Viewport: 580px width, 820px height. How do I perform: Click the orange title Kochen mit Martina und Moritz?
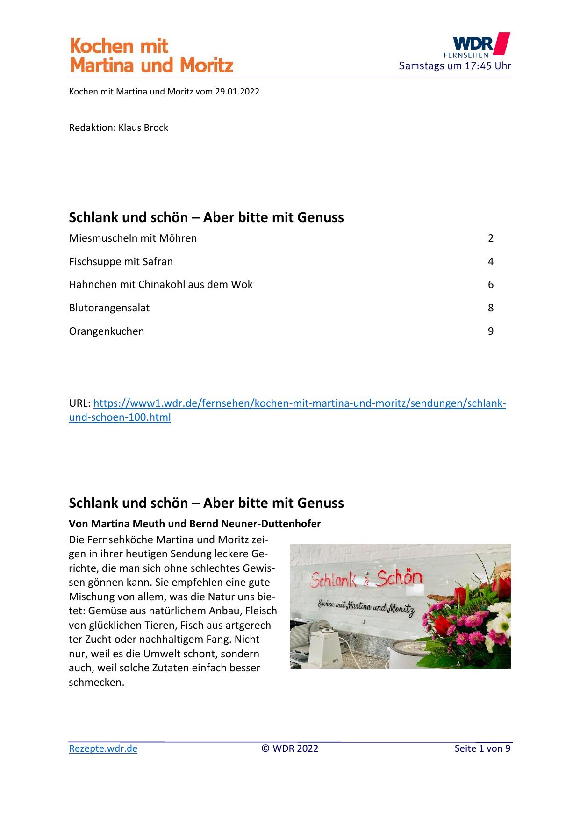151,56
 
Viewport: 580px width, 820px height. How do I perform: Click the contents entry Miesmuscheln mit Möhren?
133,238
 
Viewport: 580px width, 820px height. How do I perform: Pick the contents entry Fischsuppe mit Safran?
121,262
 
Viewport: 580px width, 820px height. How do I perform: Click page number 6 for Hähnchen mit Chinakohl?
490,285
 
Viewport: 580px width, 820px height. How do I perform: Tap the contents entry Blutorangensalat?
109,308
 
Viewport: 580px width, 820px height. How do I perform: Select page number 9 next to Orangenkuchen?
490,331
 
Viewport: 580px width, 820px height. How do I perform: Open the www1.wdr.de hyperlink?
299,403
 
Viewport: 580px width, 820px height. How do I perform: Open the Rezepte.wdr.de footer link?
103,748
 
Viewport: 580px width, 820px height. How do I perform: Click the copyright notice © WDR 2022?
290,748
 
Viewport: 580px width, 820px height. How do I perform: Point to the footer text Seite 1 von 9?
482,748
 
